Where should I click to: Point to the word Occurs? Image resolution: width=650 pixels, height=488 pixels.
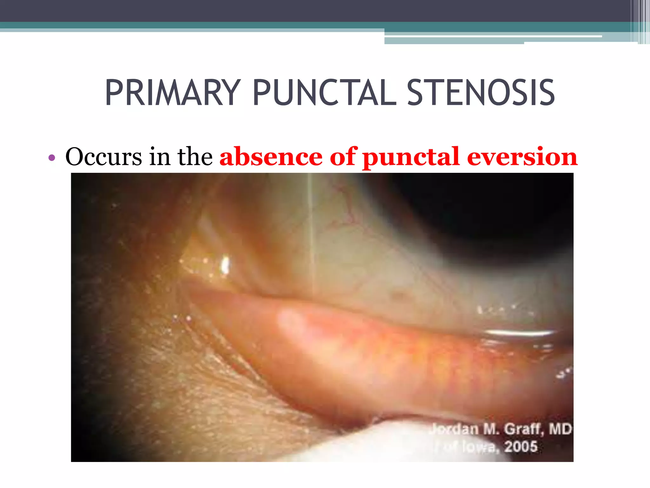click(103, 157)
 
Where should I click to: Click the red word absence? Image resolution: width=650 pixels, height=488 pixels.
click(271, 157)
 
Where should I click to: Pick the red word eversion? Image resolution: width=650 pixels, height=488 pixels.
click(522, 157)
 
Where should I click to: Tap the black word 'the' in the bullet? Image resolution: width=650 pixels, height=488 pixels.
click(195, 157)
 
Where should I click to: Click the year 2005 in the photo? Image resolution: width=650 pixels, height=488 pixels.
click(521, 447)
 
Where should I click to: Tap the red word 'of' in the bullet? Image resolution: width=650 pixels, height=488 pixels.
click(343, 157)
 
